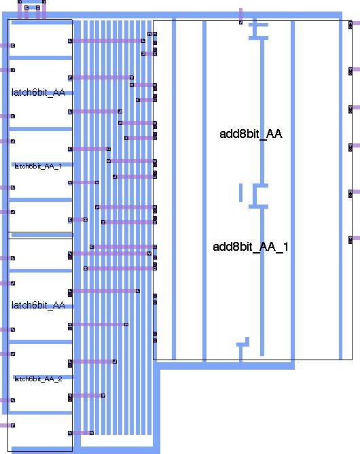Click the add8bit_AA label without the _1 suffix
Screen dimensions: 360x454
[x=251, y=134]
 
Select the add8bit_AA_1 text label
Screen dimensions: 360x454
[x=251, y=247]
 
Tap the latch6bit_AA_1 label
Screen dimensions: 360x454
[x=38, y=167]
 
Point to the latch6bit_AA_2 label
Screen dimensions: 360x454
[x=38, y=379]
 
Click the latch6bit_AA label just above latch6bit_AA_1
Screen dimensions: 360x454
[x=38, y=92]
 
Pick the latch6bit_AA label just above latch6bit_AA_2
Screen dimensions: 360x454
[x=38, y=305]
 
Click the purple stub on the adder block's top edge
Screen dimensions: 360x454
[x=240, y=16]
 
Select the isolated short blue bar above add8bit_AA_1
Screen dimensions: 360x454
[x=240, y=192]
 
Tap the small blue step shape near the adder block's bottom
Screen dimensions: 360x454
[x=243, y=343]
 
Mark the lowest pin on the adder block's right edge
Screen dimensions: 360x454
[x=350, y=240]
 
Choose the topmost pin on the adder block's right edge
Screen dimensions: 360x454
[x=350, y=25]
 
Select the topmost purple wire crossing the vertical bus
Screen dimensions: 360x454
[x=107, y=41]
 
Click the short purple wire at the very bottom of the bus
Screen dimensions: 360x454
[x=82, y=433]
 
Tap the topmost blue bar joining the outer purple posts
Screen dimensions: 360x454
[x=32, y=2]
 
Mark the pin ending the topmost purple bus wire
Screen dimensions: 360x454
[x=143, y=41]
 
